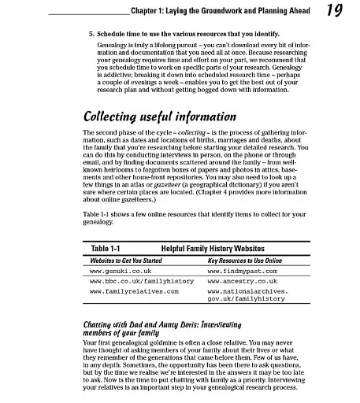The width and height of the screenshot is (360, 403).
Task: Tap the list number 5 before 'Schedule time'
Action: (x=83, y=35)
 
